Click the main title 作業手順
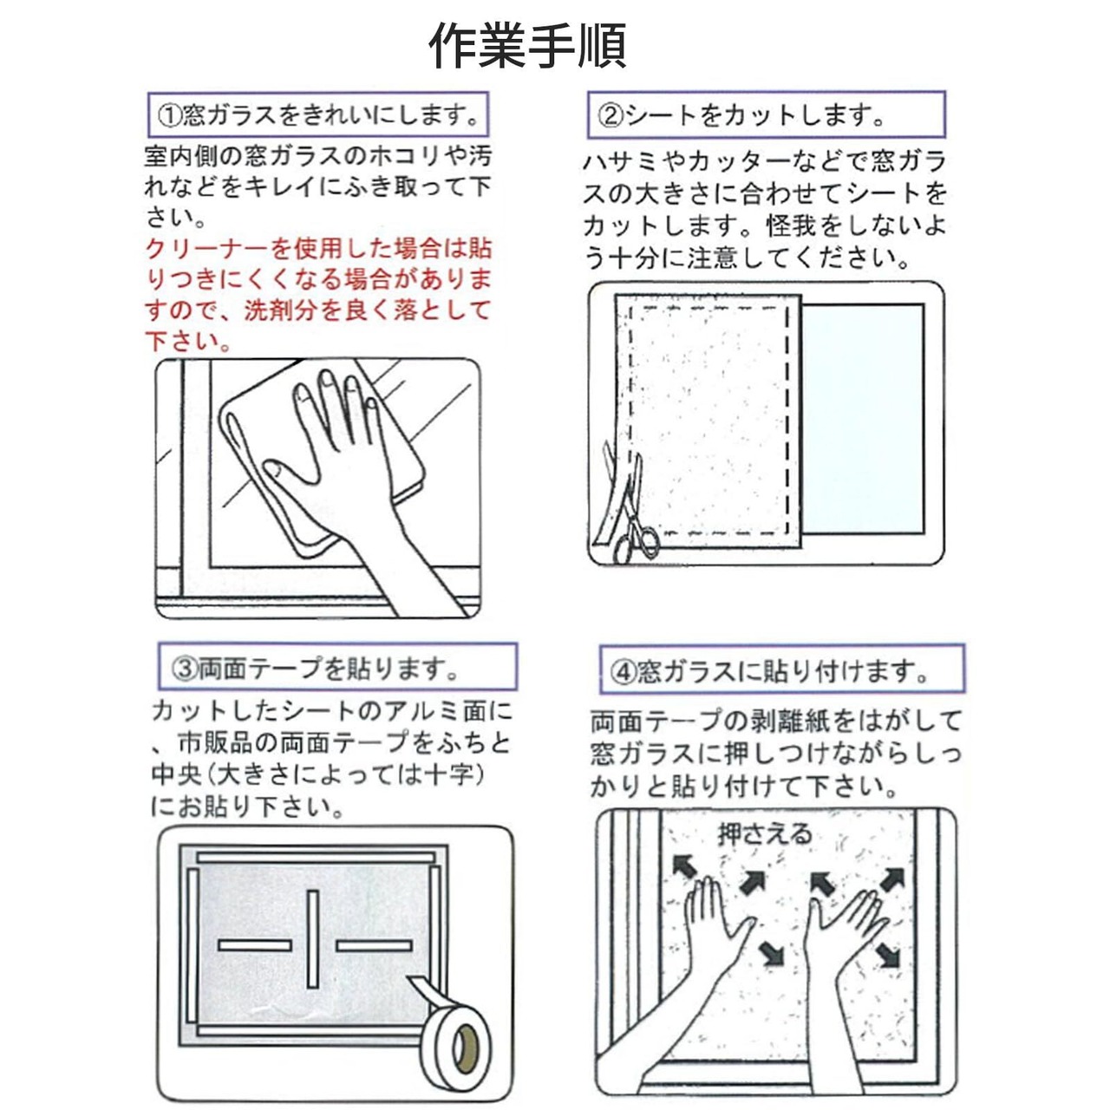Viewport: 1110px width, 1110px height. point(527,45)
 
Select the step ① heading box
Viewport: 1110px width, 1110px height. point(318,114)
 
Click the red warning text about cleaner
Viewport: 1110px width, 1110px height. point(318,294)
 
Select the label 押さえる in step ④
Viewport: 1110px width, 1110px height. point(764,834)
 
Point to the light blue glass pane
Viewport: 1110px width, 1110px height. point(863,419)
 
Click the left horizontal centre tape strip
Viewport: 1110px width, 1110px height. point(255,945)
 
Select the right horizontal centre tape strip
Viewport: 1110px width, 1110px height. point(375,945)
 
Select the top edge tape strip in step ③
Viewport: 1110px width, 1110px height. point(316,858)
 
